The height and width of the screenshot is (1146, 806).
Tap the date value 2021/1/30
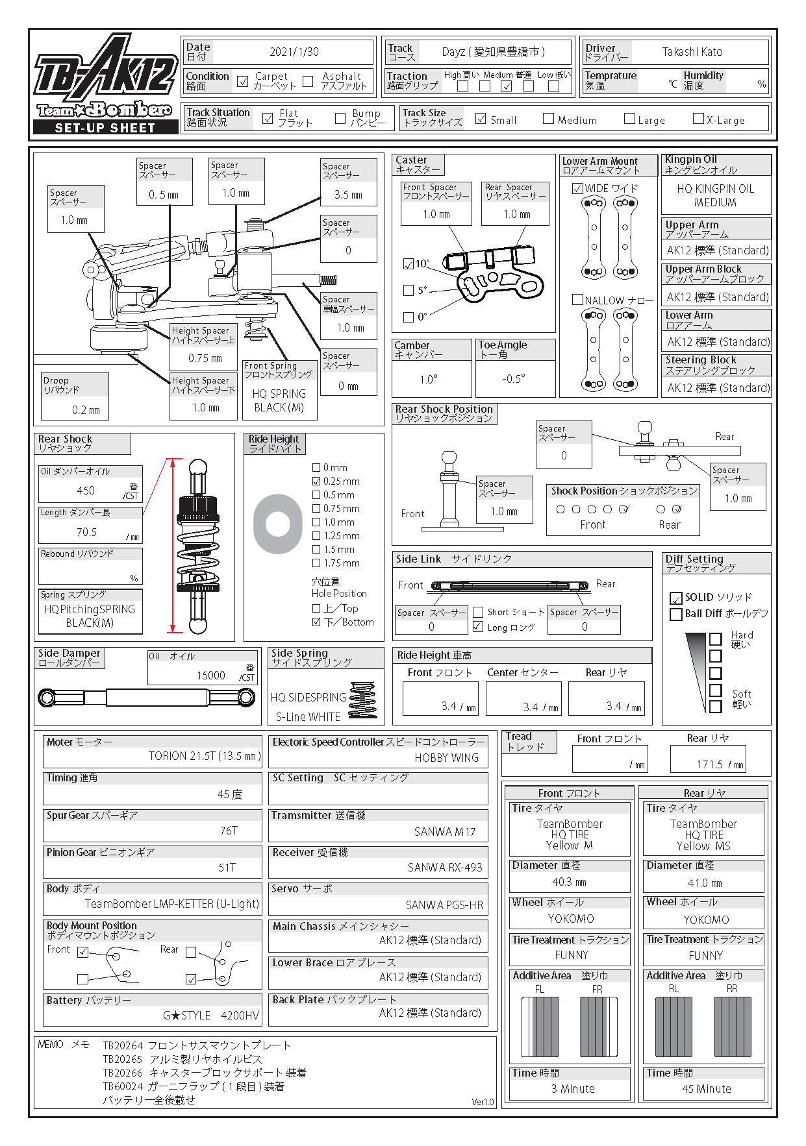click(294, 52)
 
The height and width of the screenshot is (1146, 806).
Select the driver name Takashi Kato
click(692, 52)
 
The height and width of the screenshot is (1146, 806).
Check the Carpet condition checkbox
click(243, 81)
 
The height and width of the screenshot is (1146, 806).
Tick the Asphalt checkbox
click(308, 81)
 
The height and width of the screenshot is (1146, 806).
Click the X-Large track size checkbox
click(698, 119)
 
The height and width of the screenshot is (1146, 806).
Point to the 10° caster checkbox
click(409, 264)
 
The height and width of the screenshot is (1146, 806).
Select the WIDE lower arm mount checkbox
click(577, 189)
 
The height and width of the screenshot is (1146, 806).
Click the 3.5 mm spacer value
click(348, 195)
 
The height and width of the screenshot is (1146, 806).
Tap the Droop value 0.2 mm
click(86, 410)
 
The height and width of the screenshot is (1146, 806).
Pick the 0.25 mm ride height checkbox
click(316, 482)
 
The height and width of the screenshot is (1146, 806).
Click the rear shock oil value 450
click(86, 491)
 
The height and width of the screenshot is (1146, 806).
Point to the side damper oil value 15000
click(211, 676)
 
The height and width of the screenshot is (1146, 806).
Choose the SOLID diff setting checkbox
click(676, 598)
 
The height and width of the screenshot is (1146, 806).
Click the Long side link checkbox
click(478, 627)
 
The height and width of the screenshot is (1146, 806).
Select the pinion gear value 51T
click(227, 868)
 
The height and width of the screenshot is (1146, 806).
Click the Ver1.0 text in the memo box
click(483, 1102)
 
